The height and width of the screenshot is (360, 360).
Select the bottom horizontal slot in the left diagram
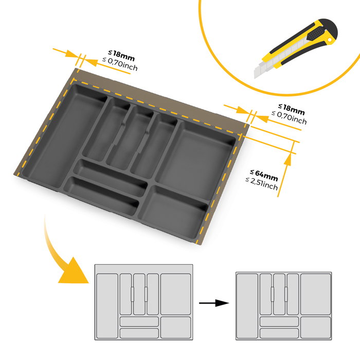pyautogui.click(x=139, y=333)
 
